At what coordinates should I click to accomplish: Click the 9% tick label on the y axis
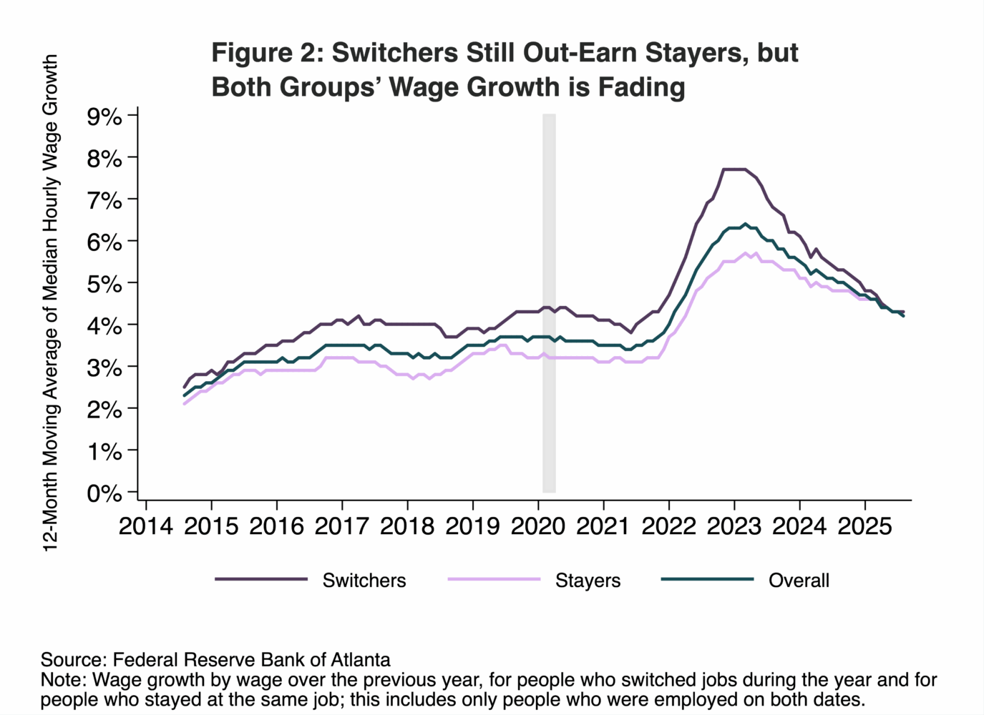pyautogui.click(x=104, y=117)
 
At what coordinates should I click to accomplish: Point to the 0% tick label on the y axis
pyautogui.click(x=104, y=493)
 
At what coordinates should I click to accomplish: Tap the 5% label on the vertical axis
pyautogui.click(x=104, y=284)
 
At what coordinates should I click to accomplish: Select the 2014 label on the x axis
pyautogui.click(x=146, y=526)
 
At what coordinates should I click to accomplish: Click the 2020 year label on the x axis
pyautogui.click(x=537, y=526)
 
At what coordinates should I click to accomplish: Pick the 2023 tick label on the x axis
pyautogui.click(x=734, y=526)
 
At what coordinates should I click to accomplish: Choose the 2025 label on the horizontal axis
pyautogui.click(x=864, y=526)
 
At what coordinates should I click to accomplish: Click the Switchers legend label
pyautogui.click(x=364, y=581)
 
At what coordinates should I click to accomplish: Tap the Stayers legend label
pyautogui.click(x=588, y=581)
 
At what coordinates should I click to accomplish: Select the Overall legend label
pyautogui.click(x=799, y=581)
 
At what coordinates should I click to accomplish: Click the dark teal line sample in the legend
pyautogui.click(x=707, y=579)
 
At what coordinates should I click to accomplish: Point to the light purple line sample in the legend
pyautogui.click(x=494, y=579)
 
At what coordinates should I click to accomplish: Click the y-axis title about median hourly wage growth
pyautogui.click(x=50, y=303)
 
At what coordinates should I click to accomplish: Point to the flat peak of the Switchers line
pyautogui.click(x=734, y=169)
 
